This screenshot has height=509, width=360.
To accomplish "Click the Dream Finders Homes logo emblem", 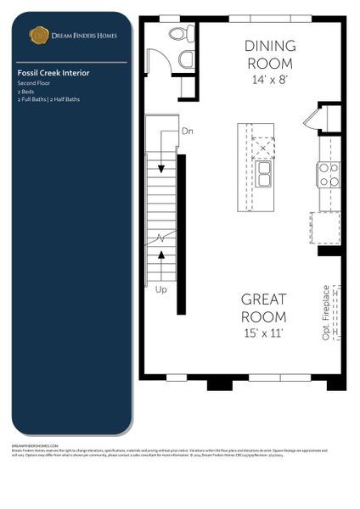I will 38,35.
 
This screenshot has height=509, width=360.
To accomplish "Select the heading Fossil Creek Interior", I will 53,73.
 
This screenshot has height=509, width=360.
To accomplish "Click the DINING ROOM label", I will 270,53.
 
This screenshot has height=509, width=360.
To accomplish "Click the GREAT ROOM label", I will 263,307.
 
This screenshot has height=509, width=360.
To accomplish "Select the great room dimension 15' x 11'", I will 263,333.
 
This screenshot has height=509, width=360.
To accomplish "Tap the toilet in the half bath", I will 180,35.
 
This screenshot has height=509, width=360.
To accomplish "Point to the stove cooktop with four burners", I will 328,175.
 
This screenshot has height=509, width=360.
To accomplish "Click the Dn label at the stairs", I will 188,131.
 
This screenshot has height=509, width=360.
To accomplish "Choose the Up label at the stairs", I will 161,289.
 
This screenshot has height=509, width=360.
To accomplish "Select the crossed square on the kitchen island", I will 265,147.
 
